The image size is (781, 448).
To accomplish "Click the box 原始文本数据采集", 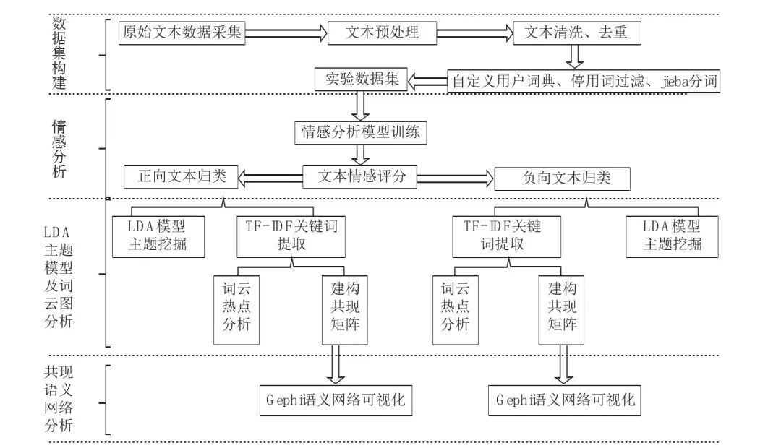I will tap(182, 33).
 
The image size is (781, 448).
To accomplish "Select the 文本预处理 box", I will tap(383, 33).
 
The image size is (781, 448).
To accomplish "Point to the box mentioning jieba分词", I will tap(584, 81).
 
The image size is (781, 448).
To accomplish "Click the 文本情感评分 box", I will tap(359, 176).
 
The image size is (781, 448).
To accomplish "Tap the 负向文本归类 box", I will tap(562, 178).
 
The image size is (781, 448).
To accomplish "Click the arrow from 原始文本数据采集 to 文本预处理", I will tap(286, 33).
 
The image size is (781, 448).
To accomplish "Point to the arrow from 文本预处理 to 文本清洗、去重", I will tap(475, 33).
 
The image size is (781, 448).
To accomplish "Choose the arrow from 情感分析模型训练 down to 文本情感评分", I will tap(359, 153).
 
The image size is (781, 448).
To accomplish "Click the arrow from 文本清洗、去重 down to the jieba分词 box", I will tap(575, 56).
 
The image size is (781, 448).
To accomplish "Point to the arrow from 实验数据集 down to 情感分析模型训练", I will tap(359, 105).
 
